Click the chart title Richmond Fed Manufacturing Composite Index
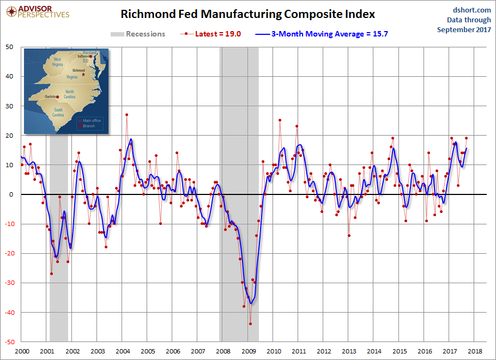tap(247, 14)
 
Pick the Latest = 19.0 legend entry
tap(211, 34)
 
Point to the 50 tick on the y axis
tap(10, 47)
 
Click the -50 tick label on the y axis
tap(9, 342)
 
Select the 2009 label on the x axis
tap(248, 352)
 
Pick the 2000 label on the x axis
tap(21, 352)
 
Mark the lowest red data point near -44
tap(250, 324)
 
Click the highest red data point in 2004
tap(126, 114)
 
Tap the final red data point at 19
tap(466, 138)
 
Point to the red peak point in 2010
tap(280, 120)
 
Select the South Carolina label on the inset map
tap(58, 113)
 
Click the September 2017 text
tap(464, 29)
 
